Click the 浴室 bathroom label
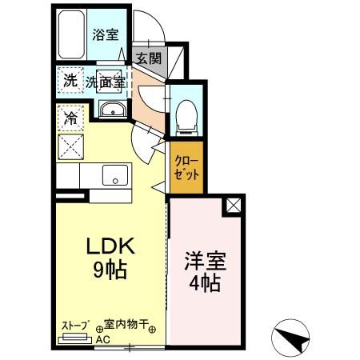pyautogui.click(x=106, y=34)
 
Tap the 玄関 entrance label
pyautogui.click(x=148, y=58)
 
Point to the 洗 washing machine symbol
pyautogui.click(x=70, y=80)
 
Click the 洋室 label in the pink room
pyautogui.click(x=204, y=261)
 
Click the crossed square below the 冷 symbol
pyautogui.click(x=70, y=146)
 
